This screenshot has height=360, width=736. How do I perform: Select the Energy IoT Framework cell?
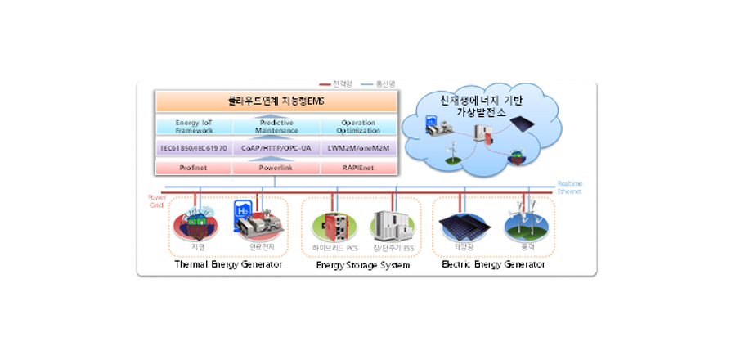(x=194, y=127)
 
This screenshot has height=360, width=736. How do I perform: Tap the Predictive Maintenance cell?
(x=276, y=127)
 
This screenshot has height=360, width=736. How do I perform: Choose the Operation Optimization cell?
(x=358, y=127)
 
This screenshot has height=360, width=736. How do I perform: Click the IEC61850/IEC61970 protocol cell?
(x=194, y=148)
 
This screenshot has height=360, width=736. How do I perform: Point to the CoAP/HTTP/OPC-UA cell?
(x=276, y=148)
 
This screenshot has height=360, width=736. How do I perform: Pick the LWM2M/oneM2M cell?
(x=358, y=148)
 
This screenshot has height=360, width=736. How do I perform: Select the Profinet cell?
(x=194, y=168)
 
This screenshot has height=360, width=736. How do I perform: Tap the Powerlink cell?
(x=276, y=168)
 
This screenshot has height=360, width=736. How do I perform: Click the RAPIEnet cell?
(x=358, y=168)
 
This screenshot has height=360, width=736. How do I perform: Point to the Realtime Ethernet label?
(x=569, y=187)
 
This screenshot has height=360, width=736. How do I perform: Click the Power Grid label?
(x=157, y=200)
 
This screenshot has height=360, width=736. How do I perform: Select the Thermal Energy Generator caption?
(x=228, y=264)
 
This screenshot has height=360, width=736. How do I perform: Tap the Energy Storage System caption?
(x=362, y=265)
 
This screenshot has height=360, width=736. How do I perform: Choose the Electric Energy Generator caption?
(x=493, y=264)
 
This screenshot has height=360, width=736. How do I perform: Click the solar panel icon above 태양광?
(x=464, y=224)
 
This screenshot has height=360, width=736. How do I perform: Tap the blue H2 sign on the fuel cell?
(x=244, y=210)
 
